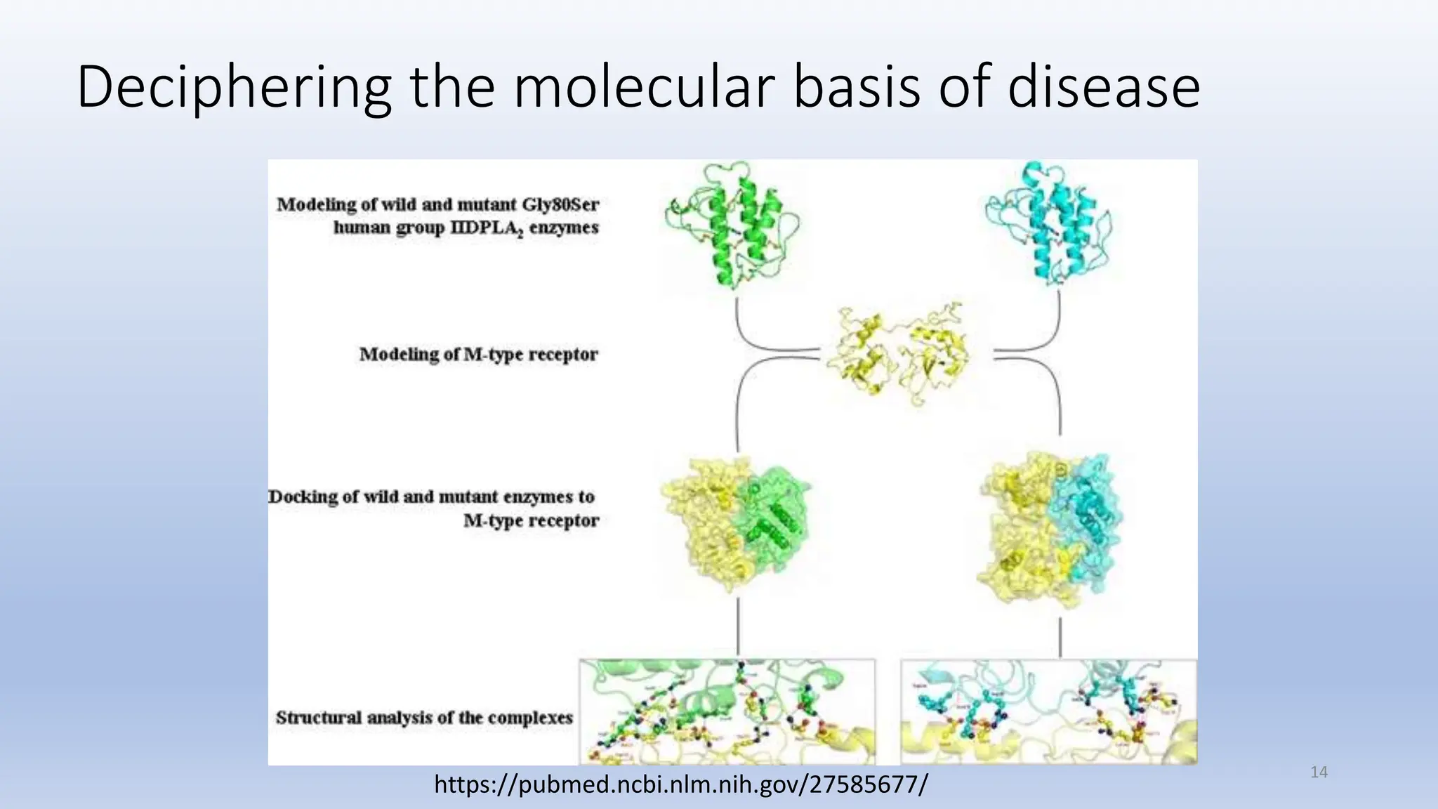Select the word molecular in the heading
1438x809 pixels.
(644, 87)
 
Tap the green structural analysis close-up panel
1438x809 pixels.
(727, 711)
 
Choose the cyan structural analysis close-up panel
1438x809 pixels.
(1048, 711)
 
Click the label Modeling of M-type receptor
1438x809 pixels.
(478, 354)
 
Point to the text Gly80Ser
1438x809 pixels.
(560, 204)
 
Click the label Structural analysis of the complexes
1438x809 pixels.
(424, 718)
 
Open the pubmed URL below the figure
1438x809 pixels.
(680, 784)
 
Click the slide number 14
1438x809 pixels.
(1319, 772)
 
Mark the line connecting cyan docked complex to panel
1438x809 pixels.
(1060, 636)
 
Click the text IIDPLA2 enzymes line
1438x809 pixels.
(466, 228)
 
